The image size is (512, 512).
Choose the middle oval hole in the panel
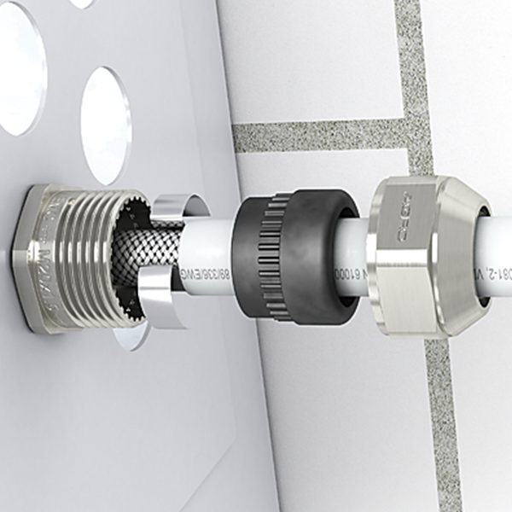click(106, 125)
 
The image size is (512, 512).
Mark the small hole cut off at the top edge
click(81, 3)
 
